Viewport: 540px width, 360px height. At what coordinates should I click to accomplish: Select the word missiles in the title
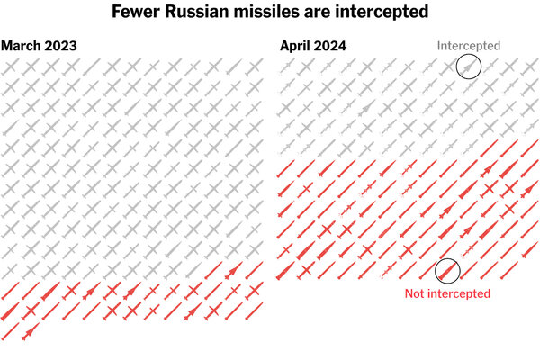(272, 13)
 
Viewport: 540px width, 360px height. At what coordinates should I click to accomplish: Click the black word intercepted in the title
(382, 13)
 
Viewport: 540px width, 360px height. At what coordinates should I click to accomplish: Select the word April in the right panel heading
(296, 46)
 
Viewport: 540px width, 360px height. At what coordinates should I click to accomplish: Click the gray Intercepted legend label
(468, 46)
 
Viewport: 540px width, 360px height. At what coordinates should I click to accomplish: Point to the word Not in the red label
(416, 293)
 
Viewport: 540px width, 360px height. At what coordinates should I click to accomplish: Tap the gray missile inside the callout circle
(468, 66)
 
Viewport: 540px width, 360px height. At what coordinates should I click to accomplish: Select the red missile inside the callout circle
(447, 271)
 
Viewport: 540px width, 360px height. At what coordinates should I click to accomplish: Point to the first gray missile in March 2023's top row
(10, 67)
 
